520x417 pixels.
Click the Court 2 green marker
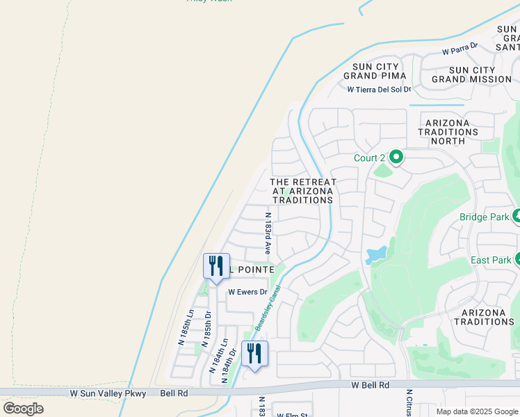[396, 158]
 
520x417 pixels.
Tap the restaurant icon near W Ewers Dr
[216, 266]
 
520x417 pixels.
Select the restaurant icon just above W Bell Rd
[254, 354]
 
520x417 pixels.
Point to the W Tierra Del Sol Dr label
[379, 89]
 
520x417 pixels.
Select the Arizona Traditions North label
[448, 131]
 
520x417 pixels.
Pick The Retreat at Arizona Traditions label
[302, 191]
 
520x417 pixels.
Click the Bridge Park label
[484, 217]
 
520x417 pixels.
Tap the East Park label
[490, 260]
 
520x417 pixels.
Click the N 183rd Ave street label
[268, 233]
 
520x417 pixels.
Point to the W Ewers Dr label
[247, 292]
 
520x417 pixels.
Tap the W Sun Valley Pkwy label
[108, 393]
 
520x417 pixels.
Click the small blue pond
[375, 254]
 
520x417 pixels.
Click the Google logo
[23, 409]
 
